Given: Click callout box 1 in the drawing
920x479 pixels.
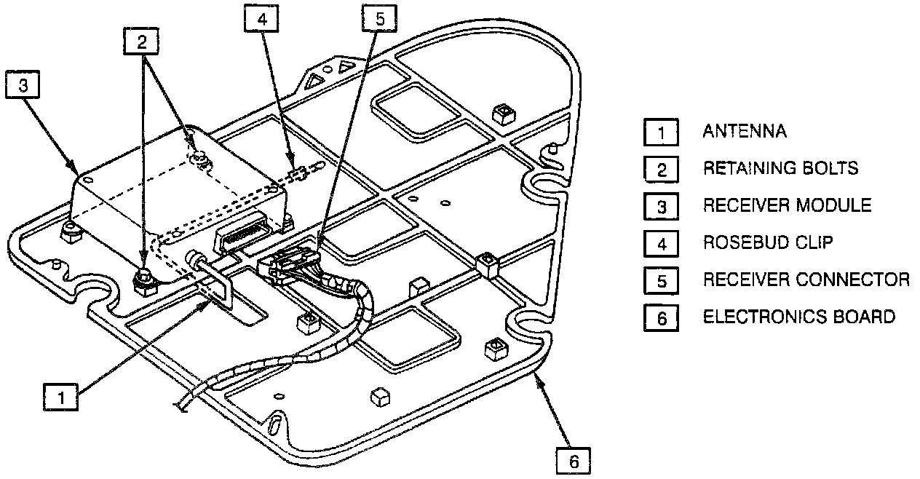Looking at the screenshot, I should point(61,397).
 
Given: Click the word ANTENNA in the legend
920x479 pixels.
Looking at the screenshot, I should point(744,132).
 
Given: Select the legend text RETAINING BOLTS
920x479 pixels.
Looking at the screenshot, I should point(780,169).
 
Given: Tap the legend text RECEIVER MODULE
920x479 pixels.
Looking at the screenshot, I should point(786,205).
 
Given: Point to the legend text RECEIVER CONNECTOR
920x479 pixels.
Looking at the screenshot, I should point(806,280).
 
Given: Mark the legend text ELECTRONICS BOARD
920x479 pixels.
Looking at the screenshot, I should point(798,317).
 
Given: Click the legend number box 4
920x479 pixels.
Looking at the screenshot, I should point(661,243).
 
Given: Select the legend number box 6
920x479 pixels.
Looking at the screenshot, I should point(661,317).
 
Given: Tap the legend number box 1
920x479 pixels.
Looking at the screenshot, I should point(661,132).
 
